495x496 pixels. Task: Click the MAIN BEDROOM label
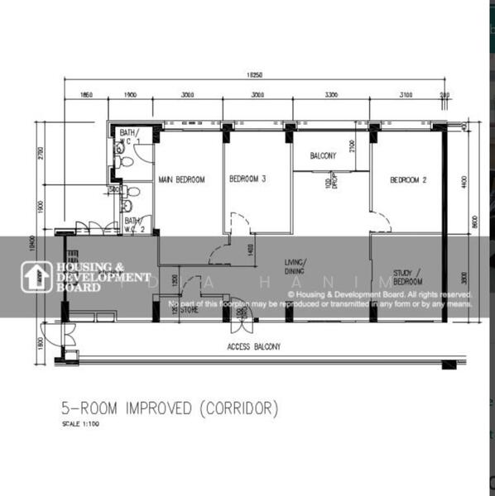[x=181, y=179]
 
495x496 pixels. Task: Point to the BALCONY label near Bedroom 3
[x=323, y=155]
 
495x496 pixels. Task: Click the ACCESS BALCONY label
[x=253, y=347]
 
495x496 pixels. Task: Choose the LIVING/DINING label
[x=295, y=265]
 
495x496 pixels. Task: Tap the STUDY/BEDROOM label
[x=407, y=277]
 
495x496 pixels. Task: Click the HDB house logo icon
[x=36, y=278]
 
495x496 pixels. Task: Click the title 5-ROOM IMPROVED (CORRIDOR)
[x=170, y=408]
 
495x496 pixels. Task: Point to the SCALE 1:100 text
[x=81, y=425]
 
